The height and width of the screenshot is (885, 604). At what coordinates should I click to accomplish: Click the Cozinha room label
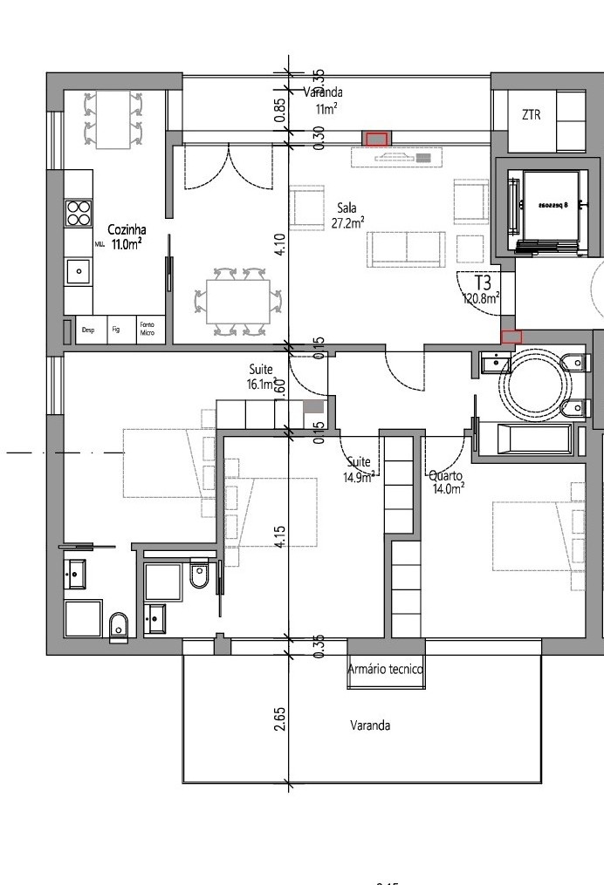pyautogui.click(x=120, y=231)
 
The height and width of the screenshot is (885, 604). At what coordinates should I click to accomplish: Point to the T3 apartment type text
pyautogui.click(x=483, y=283)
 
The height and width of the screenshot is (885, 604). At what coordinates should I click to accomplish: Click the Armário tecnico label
pyautogui.click(x=385, y=670)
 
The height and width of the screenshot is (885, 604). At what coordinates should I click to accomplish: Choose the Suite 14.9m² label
pyautogui.click(x=360, y=468)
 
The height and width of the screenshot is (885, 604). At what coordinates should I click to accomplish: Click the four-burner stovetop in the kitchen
pyautogui.click(x=79, y=214)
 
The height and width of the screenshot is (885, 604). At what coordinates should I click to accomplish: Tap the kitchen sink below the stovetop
pyautogui.click(x=79, y=271)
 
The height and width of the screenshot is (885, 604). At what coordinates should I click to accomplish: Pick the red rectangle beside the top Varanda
pyautogui.click(x=376, y=139)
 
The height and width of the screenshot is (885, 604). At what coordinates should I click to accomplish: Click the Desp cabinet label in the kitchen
pyautogui.click(x=87, y=330)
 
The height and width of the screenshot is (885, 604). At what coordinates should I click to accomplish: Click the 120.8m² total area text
pyautogui.click(x=481, y=298)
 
